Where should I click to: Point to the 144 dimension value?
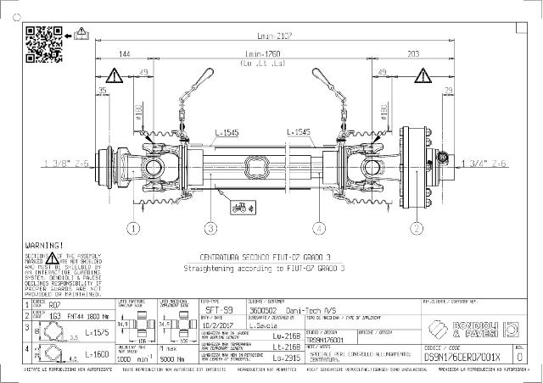pyautogui.click(x=125, y=54)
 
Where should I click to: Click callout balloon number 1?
pyautogui.click(x=133, y=227)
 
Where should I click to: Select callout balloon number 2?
pyautogui.click(x=417, y=227)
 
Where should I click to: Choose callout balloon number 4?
pyautogui.click(x=318, y=227)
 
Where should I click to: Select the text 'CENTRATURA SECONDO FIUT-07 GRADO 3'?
pyautogui.click(x=264, y=256)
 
